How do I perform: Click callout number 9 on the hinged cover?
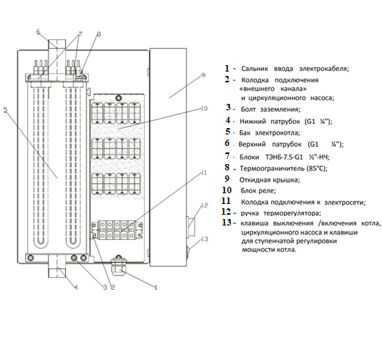(x=204, y=75)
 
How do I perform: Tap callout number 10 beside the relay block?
(x=204, y=109)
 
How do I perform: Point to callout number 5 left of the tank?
(x=6, y=110)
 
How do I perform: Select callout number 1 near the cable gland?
(x=156, y=288)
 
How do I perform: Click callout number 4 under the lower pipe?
(x=76, y=288)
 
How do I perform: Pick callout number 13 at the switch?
(x=205, y=239)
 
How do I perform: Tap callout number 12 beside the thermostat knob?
(x=205, y=205)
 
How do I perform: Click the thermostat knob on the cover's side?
(x=190, y=226)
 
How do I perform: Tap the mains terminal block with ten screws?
(x=117, y=230)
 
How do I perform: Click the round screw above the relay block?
(x=119, y=98)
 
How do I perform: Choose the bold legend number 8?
(x=227, y=167)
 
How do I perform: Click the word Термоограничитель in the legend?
(x=272, y=169)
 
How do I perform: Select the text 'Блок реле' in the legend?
(x=258, y=190)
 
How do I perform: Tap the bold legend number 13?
(x=227, y=223)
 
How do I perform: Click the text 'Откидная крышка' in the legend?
(x=270, y=180)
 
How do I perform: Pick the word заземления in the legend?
(x=280, y=110)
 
